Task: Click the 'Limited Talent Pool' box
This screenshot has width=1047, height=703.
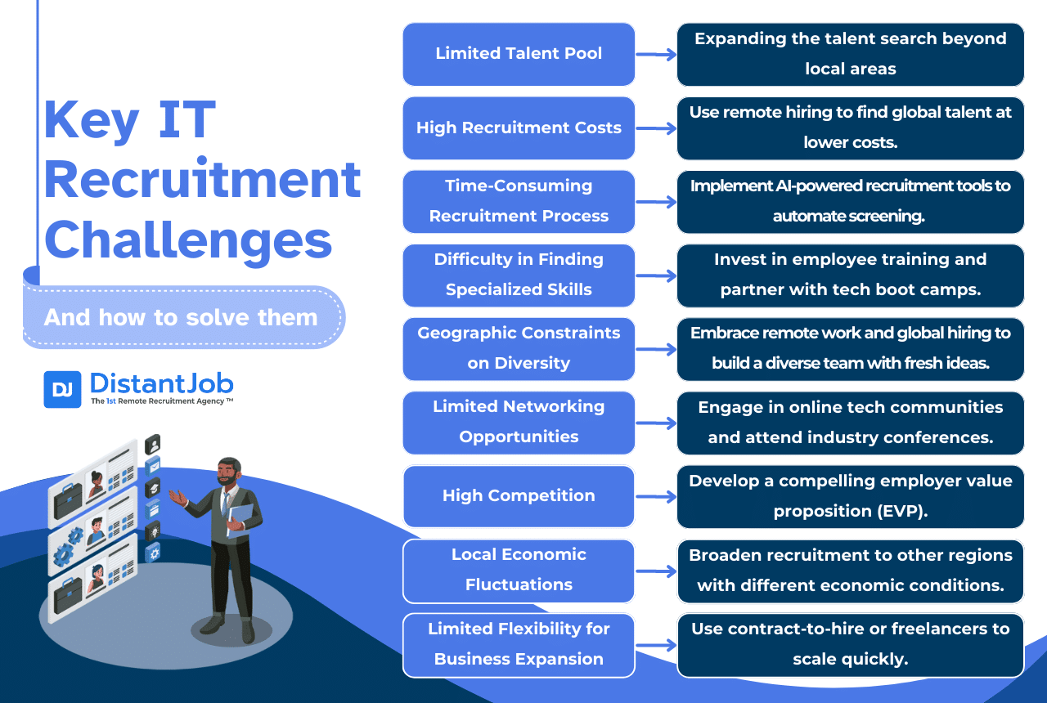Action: coord(519,54)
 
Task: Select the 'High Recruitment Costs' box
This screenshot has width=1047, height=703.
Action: coord(519,128)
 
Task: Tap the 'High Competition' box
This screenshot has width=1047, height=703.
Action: coord(519,496)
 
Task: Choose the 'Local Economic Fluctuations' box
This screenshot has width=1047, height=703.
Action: coord(519,570)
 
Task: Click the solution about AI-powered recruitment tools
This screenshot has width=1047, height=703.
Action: coord(850,201)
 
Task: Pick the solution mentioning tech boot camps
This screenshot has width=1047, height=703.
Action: coord(850,275)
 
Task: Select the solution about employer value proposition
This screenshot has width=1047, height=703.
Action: coord(850,496)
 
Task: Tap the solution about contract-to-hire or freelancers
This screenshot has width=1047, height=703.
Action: coord(850,644)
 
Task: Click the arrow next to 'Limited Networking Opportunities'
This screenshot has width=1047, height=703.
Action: coord(656,423)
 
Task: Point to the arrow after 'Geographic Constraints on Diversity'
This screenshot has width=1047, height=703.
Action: coord(656,350)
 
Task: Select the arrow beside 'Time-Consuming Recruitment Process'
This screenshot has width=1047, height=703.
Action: coord(656,202)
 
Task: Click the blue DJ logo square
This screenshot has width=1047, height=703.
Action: coord(62,389)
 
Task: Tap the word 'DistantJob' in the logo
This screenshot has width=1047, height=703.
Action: coord(161,383)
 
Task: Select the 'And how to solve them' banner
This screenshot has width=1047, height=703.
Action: coord(182,317)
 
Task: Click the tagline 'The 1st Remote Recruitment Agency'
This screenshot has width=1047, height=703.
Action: coord(161,401)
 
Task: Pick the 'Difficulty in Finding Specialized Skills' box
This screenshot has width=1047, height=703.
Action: coord(519,275)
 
